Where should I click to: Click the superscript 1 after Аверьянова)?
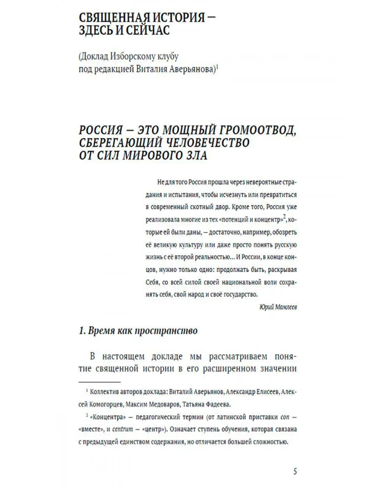(217, 68)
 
